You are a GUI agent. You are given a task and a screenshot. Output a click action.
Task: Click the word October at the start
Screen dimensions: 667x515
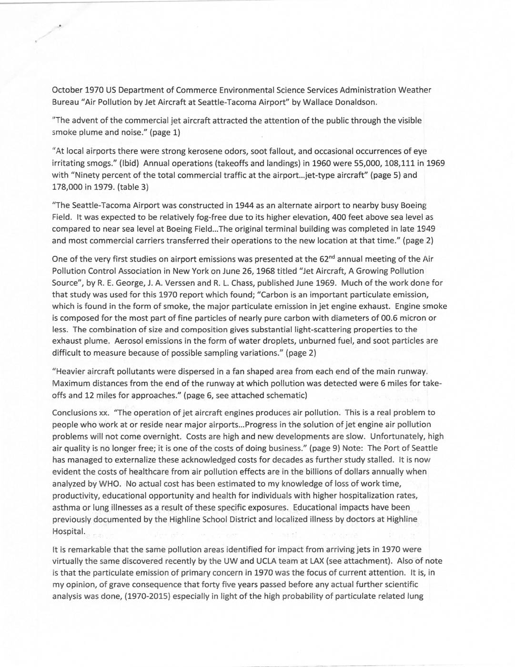click(67, 90)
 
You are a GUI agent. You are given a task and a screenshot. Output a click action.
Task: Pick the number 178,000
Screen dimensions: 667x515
click(67, 187)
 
